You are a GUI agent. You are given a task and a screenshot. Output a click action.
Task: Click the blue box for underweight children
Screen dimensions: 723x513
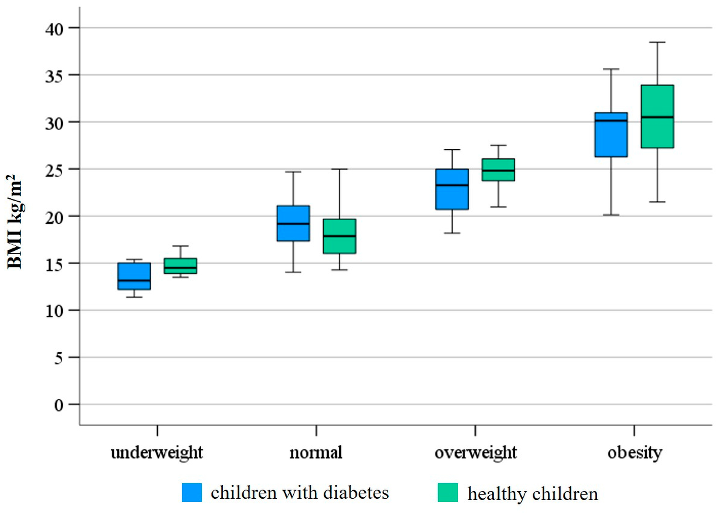coord(134,276)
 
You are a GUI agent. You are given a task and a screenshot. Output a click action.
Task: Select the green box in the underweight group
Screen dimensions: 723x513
coord(181,266)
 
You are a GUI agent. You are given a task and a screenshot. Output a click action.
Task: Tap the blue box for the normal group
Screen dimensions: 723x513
coord(293,223)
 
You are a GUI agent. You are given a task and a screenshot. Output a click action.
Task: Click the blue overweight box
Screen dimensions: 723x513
coord(452,189)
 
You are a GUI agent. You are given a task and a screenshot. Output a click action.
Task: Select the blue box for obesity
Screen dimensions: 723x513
coord(611,134)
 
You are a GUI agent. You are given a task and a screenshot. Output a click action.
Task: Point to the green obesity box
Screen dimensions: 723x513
coord(658,117)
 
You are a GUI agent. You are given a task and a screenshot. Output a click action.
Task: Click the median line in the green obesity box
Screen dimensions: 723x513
coord(658,117)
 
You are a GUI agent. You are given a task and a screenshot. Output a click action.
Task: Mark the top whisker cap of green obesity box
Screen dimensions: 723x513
coord(658,42)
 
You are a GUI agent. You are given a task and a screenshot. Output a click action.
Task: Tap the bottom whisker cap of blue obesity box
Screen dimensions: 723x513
coord(611,215)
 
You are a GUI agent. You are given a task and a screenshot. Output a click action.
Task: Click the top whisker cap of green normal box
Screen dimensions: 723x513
coord(340,169)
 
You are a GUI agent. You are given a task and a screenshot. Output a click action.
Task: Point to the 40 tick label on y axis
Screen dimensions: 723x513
coord(54,29)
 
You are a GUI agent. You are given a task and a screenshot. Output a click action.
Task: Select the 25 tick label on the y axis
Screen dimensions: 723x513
coord(54,171)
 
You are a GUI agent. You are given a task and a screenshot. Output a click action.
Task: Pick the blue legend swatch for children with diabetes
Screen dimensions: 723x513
coord(192,492)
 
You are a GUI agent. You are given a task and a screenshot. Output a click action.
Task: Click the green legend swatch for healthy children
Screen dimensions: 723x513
coord(448,492)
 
